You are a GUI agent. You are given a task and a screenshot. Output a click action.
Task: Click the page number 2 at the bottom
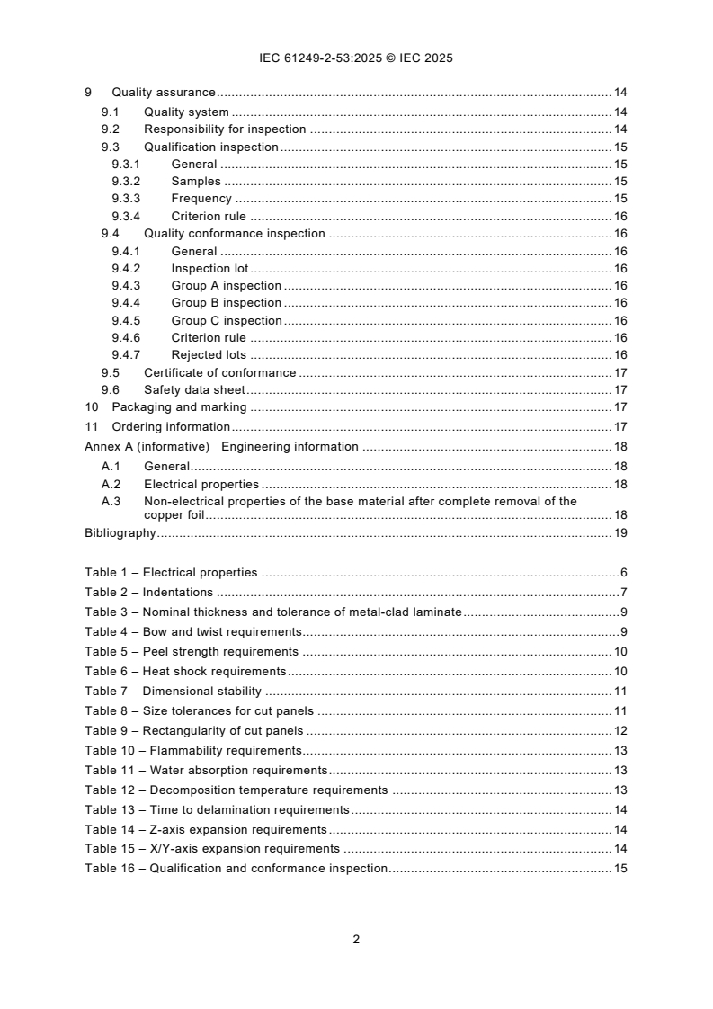[x=356, y=939]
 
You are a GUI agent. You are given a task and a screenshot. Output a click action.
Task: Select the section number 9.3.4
[x=126, y=216]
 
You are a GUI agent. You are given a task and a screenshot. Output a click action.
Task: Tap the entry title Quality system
[x=186, y=112]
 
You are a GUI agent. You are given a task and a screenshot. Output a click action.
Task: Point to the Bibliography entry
[x=120, y=533]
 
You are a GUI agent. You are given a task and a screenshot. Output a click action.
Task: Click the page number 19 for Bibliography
[x=619, y=533]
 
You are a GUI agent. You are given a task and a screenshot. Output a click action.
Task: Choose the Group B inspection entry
[x=226, y=303]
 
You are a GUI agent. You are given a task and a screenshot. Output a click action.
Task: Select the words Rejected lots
[x=209, y=355]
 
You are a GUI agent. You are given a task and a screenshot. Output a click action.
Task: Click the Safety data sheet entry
[x=194, y=390]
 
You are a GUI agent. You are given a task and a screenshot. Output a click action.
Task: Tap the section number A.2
[x=111, y=484]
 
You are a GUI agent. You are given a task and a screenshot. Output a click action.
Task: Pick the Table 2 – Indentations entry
[x=149, y=593]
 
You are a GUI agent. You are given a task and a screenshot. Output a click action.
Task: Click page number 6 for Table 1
[x=623, y=573]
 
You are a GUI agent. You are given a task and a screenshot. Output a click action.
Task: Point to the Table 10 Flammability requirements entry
[x=192, y=751]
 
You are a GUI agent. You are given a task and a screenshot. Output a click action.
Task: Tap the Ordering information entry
[x=171, y=427]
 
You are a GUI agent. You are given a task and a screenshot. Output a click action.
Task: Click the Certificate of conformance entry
[x=219, y=373]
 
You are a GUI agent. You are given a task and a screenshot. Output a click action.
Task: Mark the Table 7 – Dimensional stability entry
[x=173, y=692]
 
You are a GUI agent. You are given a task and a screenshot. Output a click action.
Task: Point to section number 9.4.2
[x=126, y=269]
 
